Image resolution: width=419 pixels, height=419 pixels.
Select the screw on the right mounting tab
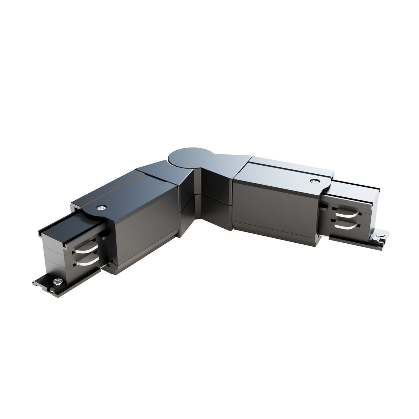[x=376, y=236]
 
